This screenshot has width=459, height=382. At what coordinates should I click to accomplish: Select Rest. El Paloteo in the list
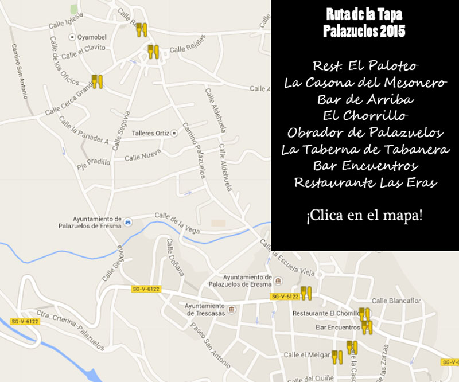point(365,66)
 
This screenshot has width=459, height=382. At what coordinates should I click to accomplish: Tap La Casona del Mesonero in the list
point(365,83)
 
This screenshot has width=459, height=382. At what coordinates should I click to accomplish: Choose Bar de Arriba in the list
point(365,99)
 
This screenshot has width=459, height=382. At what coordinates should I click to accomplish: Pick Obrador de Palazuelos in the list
point(365,133)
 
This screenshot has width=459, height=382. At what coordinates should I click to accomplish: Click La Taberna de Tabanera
point(365,150)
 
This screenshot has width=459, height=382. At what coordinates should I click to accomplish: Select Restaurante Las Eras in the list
point(365,183)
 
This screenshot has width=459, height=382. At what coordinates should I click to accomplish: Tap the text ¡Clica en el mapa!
point(365,216)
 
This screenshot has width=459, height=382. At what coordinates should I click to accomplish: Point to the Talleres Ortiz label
point(150,133)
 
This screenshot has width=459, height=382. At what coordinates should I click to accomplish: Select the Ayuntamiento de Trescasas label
point(205,309)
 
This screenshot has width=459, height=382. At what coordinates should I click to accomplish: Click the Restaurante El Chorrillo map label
point(325,313)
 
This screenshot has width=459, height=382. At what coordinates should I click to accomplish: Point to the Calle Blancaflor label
point(395,300)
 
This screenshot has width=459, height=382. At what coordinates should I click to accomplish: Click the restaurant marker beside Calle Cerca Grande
point(97,82)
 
